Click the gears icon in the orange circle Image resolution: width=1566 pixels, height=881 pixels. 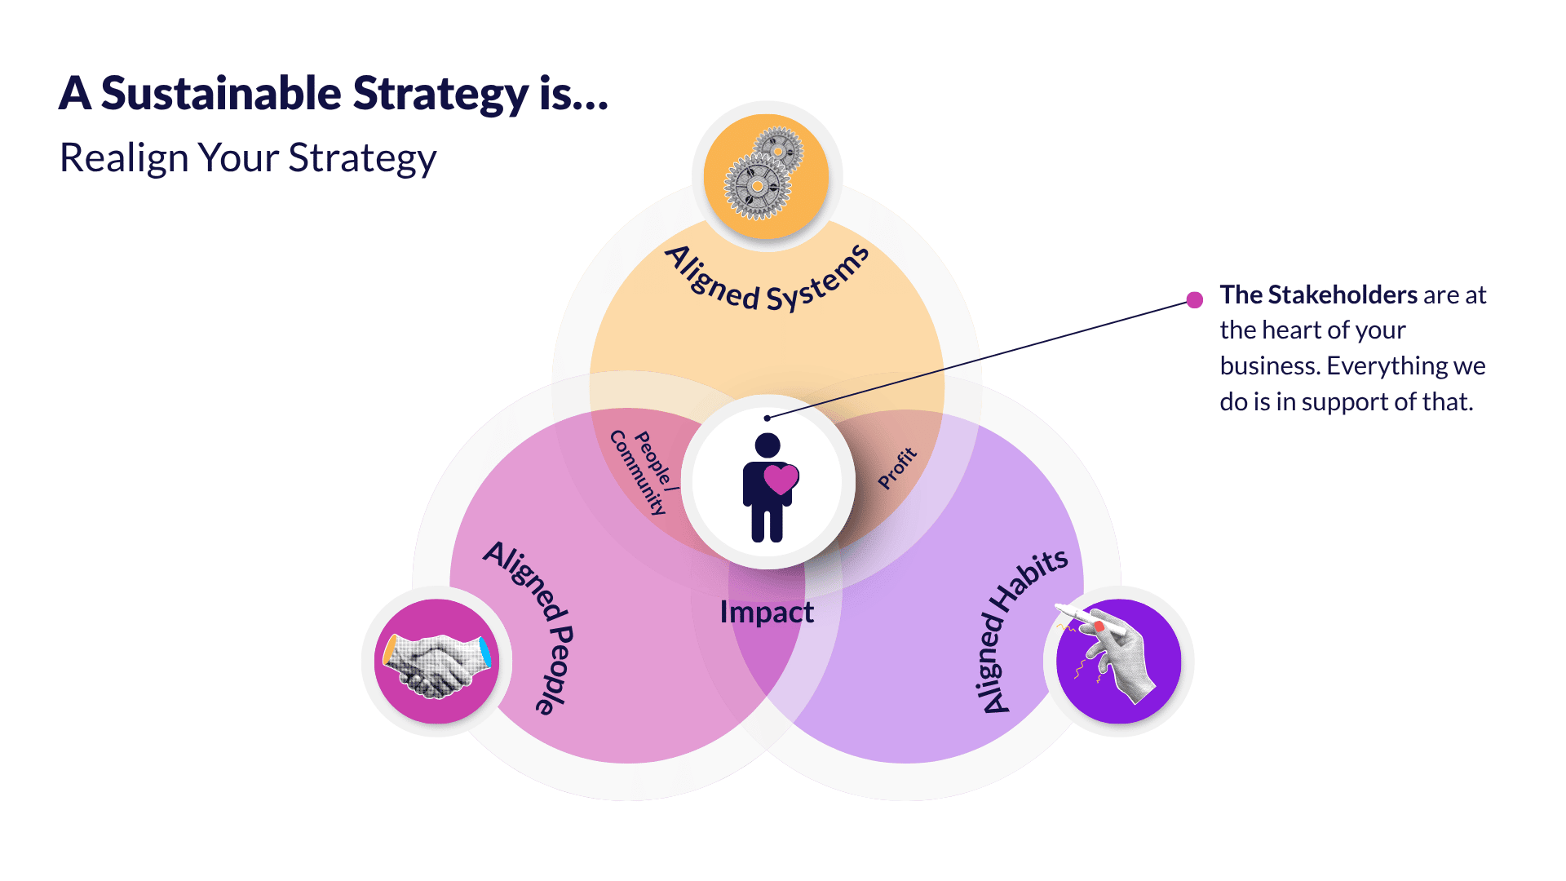point(765,175)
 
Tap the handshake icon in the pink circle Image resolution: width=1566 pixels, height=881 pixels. point(437,662)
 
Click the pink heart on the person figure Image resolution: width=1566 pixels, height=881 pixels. point(781,479)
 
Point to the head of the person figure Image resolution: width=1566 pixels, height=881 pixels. point(768,445)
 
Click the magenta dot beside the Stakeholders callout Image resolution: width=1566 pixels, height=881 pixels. point(1195,299)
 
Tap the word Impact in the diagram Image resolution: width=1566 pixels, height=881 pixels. point(767,612)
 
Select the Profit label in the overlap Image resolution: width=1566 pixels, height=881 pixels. point(897,468)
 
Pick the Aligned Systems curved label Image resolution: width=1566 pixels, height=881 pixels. point(767,281)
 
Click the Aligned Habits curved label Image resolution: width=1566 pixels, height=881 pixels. point(1020,628)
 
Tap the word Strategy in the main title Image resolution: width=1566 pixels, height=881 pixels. point(440,95)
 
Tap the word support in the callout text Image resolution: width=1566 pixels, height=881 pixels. point(1347,402)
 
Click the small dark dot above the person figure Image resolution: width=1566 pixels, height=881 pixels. point(767,418)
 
